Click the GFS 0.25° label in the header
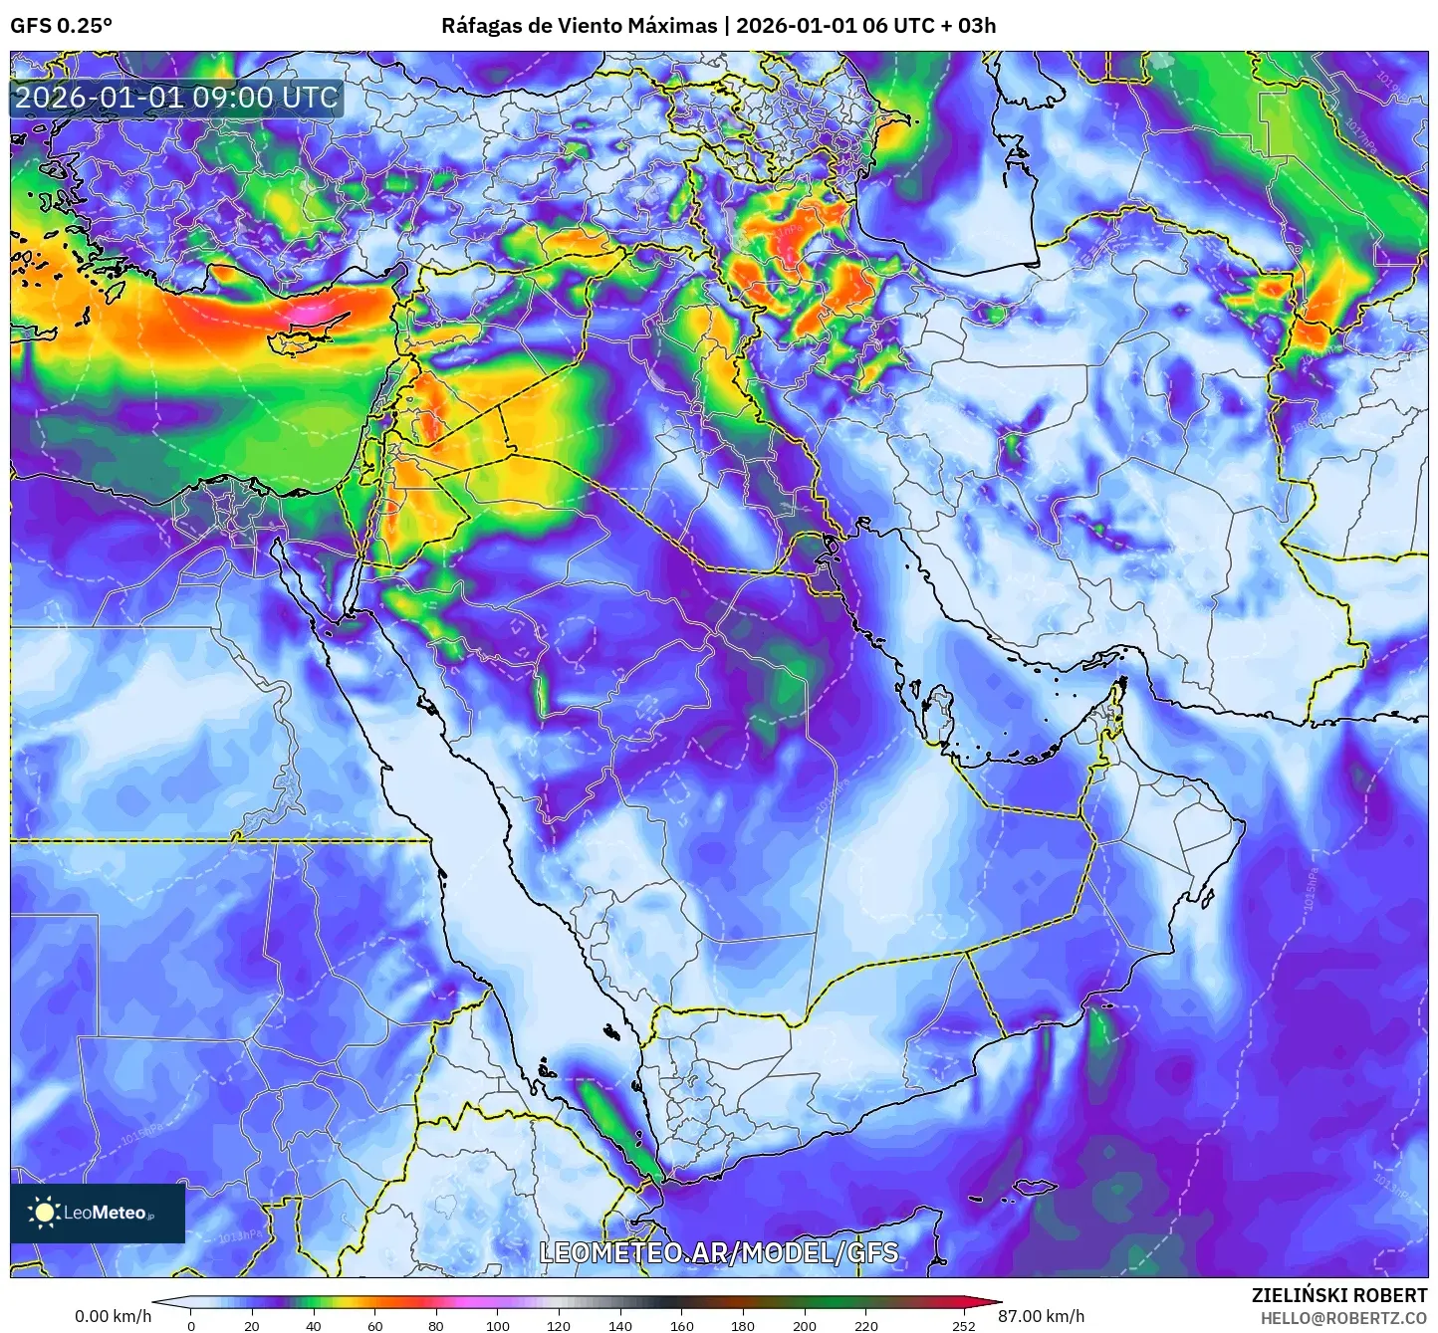(x=61, y=26)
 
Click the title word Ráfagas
(x=480, y=26)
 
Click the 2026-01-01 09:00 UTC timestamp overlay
(x=176, y=98)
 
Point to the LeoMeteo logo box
(x=98, y=1213)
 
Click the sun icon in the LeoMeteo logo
(x=44, y=1212)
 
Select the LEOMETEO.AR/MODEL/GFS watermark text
(x=718, y=1252)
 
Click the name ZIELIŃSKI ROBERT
(x=1339, y=1295)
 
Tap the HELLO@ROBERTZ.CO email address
(x=1343, y=1318)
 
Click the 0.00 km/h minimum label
(x=113, y=1316)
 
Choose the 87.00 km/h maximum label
(x=1042, y=1316)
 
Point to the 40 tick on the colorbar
(x=314, y=1325)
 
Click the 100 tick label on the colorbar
(x=498, y=1325)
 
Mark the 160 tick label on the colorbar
(x=682, y=1325)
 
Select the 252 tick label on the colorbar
(x=963, y=1325)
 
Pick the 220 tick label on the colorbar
(x=866, y=1325)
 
